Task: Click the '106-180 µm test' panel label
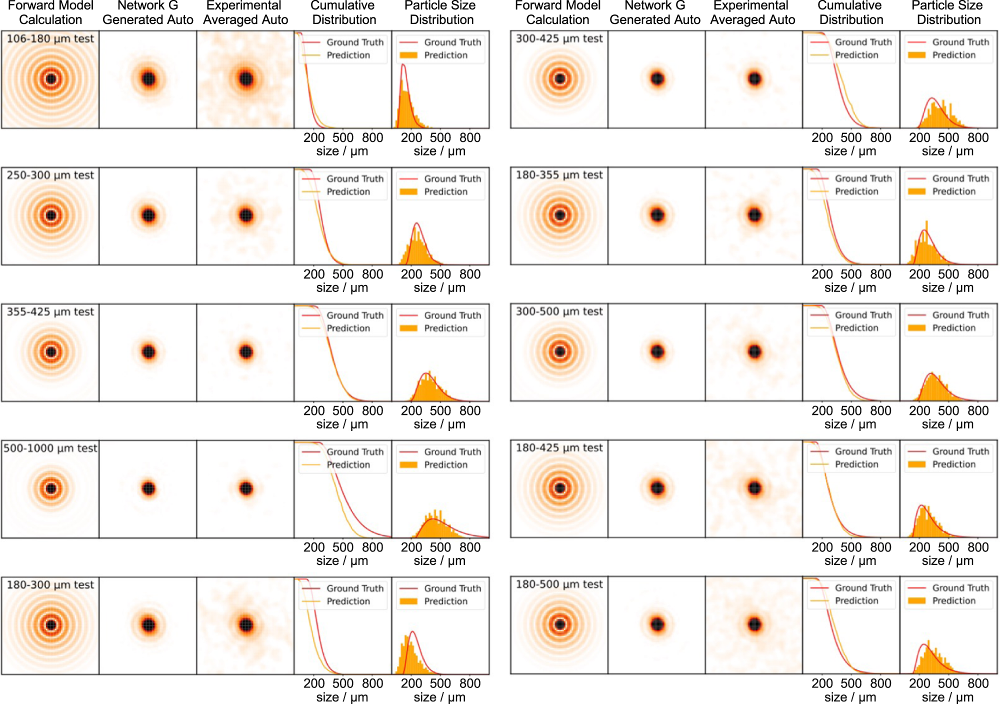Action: [x=50, y=38]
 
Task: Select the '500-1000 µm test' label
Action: [x=50, y=448]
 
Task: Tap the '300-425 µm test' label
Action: [x=559, y=38]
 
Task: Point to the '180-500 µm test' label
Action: [x=559, y=584]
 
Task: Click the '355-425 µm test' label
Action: [x=50, y=311]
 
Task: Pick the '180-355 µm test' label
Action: [x=559, y=175]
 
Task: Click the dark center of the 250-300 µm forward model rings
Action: [x=50, y=215]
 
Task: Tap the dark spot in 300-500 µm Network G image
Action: [x=657, y=351]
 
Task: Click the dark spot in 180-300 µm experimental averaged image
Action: [x=245, y=625]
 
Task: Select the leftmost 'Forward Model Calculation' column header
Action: [x=50, y=12]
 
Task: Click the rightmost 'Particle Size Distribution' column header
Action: [x=948, y=12]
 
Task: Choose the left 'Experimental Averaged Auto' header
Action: [x=245, y=12]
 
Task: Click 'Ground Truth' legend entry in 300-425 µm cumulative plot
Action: [x=863, y=42]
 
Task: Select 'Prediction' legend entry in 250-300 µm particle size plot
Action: [x=445, y=191]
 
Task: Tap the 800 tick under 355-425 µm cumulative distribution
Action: [x=372, y=410]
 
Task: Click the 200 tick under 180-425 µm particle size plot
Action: [x=919, y=547]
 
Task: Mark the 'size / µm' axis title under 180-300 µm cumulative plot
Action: [x=342, y=697]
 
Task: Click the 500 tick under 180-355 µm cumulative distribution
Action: [x=851, y=274]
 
